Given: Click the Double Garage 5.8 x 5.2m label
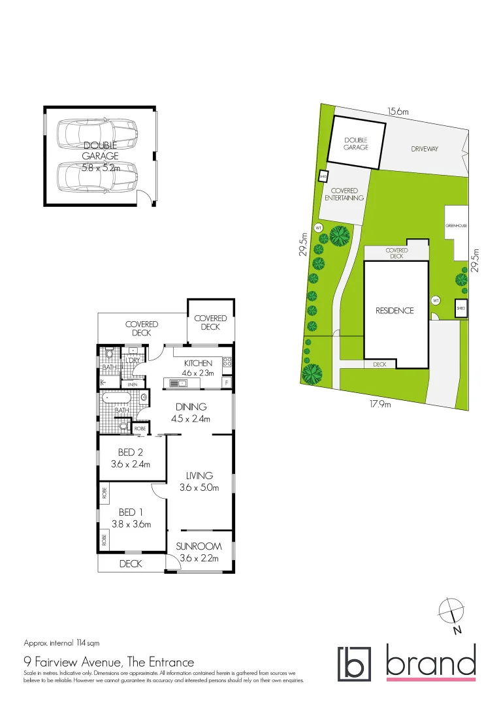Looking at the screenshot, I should click(x=101, y=157).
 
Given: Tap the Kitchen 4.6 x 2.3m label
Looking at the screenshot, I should click(x=198, y=368).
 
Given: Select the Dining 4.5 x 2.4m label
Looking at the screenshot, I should click(x=191, y=413).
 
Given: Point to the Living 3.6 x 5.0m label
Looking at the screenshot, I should click(x=199, y=482).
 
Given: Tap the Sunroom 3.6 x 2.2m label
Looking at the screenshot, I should click(x=199, y=552).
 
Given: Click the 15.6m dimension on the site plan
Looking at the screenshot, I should click(x=398, y=112).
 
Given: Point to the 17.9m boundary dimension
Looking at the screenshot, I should click(x=380, y=404).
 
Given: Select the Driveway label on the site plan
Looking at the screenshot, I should click(x=425, y=149).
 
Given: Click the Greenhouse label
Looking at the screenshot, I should click(x=457, y=226).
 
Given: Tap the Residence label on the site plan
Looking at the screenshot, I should click(x=394, y=311).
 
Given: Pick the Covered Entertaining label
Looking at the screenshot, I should click(x=344, y=194).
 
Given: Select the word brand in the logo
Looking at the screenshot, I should click(x=431, y=662).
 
